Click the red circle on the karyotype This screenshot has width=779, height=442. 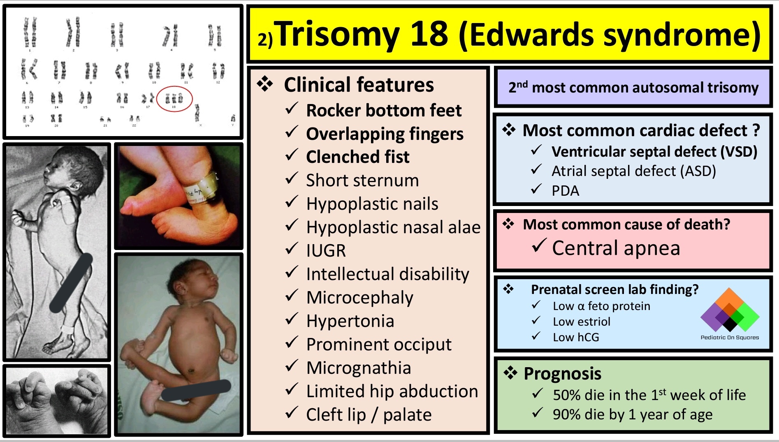[174, 99]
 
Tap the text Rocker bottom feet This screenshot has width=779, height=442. [384, 110]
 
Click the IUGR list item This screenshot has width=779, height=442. [326, 250]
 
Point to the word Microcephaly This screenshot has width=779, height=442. [359, 297]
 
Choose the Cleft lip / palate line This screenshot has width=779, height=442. [369, 414]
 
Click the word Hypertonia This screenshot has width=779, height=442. [350, 321]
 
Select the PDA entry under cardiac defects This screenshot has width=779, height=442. [565, 191]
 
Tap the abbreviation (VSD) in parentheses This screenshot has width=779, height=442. [739, 152]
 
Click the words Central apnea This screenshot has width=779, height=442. [616, 248]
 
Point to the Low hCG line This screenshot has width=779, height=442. [576, 337]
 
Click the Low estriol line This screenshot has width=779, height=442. [582, 322]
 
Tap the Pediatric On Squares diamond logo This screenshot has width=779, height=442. [730, 310]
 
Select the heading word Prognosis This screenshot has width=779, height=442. [562, 374]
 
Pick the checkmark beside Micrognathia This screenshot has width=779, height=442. [292, 366]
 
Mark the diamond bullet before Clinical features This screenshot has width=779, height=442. [265, 84]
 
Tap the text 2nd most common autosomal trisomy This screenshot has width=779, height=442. [633, 88]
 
